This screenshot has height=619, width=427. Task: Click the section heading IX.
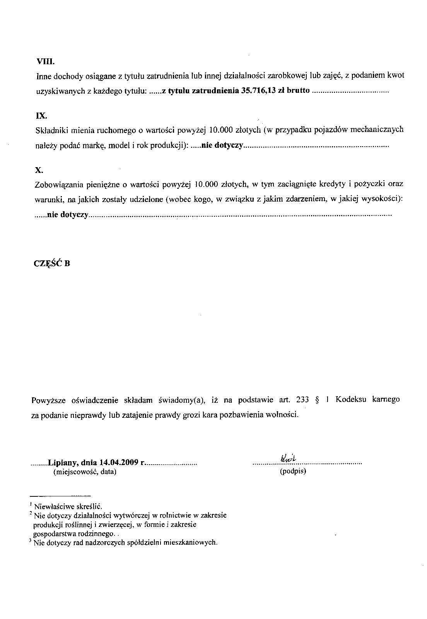(x=41, y=115)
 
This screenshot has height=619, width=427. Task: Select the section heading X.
(x=39, y=170)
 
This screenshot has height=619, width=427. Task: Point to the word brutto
(x=298, y=91)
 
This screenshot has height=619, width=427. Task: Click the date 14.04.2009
(x=119, y=462)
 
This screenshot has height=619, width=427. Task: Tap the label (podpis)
(x=293, y=471)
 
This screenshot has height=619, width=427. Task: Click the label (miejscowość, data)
(x=84, y=471)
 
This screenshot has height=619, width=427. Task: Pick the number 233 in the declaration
(x=302, y=399)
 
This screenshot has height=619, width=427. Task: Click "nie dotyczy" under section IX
(x=222, y=145)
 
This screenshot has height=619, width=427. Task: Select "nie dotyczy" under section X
(x=68, y=215)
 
